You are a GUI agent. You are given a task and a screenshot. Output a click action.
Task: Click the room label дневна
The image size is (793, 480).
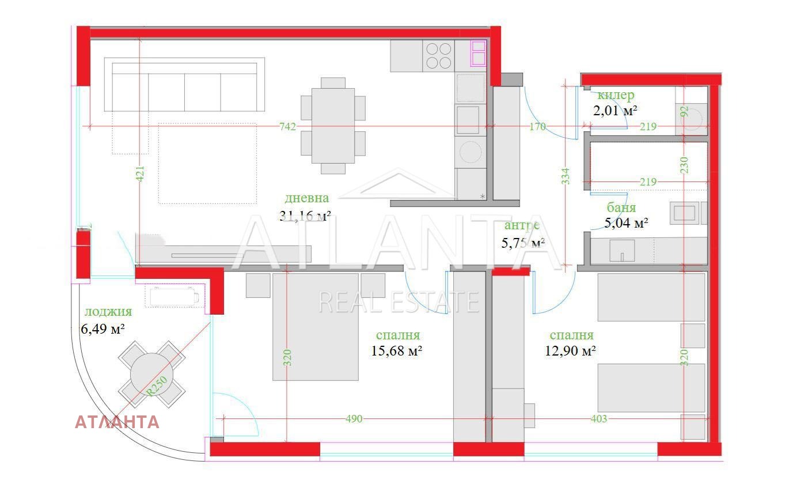point(307,198)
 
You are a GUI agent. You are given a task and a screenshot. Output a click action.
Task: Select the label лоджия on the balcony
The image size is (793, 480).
point(108,312)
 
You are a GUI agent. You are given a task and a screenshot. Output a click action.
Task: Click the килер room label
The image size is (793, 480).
point(616,95)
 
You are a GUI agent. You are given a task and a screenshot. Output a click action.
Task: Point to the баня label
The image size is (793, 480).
point(621,207)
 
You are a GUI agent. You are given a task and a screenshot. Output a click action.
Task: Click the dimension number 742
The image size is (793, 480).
point(287,126)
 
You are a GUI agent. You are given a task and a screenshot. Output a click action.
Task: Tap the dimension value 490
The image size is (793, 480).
point(354,419)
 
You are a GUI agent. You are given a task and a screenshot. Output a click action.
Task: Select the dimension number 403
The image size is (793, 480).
point(599,419)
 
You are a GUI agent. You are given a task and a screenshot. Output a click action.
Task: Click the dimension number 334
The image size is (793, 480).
point(565,176)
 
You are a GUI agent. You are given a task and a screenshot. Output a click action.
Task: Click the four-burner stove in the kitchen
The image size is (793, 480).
point(438,56)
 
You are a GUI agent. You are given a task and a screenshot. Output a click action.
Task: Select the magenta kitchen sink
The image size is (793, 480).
point(479,53)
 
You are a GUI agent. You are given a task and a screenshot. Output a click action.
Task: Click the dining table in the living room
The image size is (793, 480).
point(333,126)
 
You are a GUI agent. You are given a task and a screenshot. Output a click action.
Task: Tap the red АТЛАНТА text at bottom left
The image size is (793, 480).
point(117,422)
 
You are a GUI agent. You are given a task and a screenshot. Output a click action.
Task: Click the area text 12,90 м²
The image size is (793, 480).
point(570,350)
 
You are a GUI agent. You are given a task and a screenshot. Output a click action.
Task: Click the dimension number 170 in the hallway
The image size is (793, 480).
point(537,127)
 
